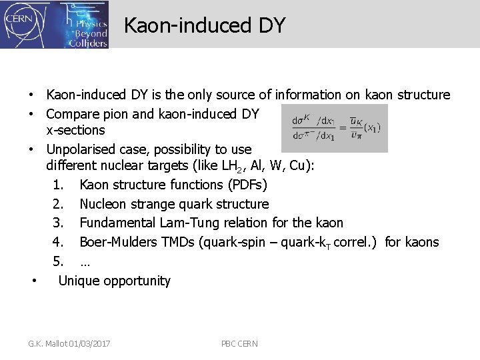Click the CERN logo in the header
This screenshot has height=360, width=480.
20,24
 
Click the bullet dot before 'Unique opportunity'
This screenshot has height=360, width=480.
35,280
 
